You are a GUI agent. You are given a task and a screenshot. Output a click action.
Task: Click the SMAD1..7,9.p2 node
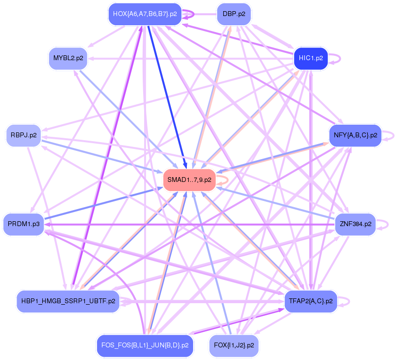point(189,180)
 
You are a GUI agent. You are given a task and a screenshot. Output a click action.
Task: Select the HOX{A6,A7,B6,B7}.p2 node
point(145,14)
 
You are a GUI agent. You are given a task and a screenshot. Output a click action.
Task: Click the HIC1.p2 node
point(311,58)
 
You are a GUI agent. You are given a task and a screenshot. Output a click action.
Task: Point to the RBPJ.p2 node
point(23,135)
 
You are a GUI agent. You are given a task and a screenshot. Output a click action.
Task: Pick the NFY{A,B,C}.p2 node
point(355,135)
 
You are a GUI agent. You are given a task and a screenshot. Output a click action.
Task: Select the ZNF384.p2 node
point(356,224)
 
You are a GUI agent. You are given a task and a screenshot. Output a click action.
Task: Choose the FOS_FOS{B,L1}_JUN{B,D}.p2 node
point(145,345)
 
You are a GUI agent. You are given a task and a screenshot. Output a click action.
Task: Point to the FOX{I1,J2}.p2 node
point(234,345)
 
